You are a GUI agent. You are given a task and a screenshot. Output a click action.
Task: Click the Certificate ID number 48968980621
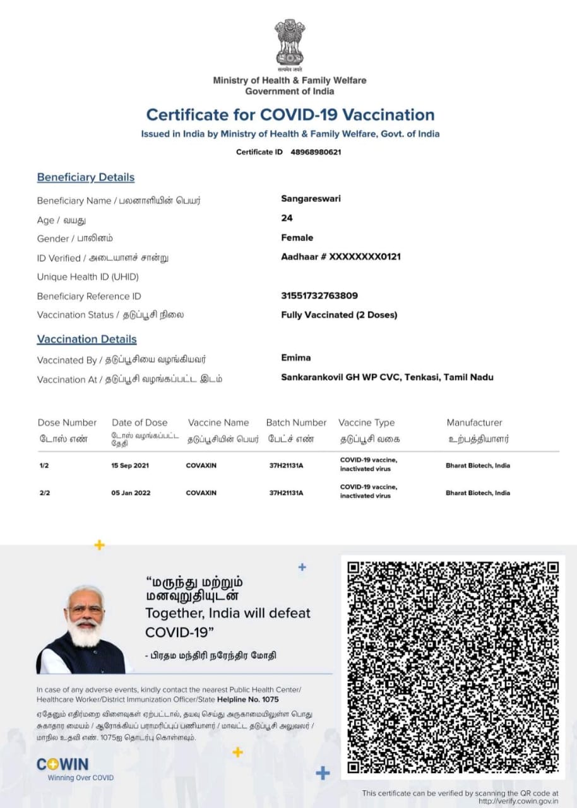coord(316,152)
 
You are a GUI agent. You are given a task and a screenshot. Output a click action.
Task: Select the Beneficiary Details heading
coord(86,177)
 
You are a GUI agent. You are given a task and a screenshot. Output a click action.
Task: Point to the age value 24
coord(287,218)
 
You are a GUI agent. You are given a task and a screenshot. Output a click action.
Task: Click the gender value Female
coord(297,237)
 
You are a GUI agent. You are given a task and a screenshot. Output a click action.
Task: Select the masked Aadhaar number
coord(341,257)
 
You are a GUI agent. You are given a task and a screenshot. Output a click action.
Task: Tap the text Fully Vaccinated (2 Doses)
coord(339,314)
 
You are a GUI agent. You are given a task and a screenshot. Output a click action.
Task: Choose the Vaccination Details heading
coord(86,339)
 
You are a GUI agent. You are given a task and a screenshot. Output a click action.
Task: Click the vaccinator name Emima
coord(295,357)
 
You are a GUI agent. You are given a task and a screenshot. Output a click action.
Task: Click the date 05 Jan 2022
coord(131,492)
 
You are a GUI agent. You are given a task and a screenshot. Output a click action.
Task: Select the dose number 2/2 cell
coord(45,492)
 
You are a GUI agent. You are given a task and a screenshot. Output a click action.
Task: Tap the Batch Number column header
coord(296,422)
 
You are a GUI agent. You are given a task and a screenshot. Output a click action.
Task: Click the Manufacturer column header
coord(474,422)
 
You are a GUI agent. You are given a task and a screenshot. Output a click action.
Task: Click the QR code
coord(453,667)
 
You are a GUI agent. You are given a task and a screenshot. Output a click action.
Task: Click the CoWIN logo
coord(62,764)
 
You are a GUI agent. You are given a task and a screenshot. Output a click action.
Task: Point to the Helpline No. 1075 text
coord(247,700)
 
